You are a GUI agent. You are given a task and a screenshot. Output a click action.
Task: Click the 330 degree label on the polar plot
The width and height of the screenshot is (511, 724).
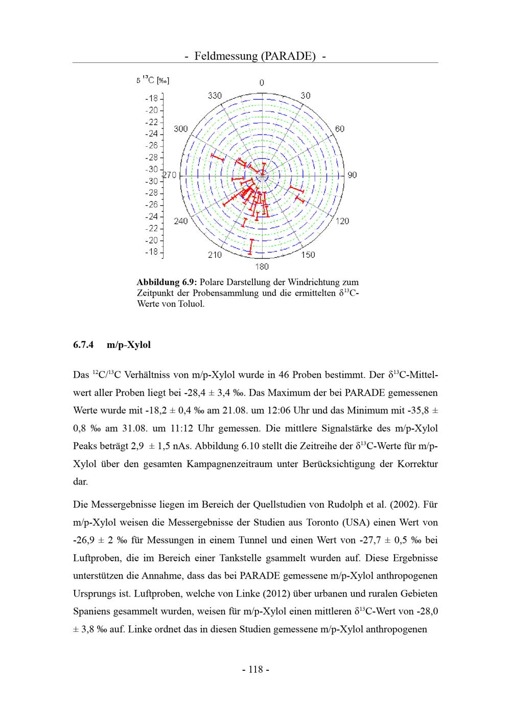pyautogui.click(x=215, y=96)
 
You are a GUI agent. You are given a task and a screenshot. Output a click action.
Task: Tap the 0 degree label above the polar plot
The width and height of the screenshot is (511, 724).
pyautogui.click(x=262, y=83)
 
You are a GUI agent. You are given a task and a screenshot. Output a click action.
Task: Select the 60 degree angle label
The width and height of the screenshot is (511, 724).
pyautogui.click(x=340, y=128)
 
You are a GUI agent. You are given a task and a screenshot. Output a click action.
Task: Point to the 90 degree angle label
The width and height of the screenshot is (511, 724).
pyautogui.click(x=352, y=175)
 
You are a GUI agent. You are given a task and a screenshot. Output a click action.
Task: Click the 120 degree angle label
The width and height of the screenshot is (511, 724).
pyautogui.click(x=342, y=221)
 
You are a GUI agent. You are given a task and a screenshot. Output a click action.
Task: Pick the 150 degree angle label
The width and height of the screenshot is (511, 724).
pyautogui.click(x=308, y=255)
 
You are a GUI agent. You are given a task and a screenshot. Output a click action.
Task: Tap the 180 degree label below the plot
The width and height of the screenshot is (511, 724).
pyautogui.click(x=262, y=267)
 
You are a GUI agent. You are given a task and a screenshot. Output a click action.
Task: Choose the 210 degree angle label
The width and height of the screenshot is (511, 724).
pyautogui.click(x=215, y=255)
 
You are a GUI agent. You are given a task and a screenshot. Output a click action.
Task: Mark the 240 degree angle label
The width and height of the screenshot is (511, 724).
pyautogui.click(x=181, y=221)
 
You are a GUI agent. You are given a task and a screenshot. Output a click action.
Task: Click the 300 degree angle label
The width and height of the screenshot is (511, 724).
pyautogui.click(x=181, y=128)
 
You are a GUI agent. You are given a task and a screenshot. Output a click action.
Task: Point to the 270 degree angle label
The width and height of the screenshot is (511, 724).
pyautogui.click(x=170, y=175)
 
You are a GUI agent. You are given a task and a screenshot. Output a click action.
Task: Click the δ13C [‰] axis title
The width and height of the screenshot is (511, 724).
pyautogui.click(x=153, y=80)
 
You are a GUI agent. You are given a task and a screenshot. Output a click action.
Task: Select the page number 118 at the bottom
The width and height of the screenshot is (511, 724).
pyautogui.click(x=255, y=669)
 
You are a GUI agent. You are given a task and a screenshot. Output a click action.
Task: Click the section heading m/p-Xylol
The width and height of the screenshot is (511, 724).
pyautogui.click(x=129, y=345)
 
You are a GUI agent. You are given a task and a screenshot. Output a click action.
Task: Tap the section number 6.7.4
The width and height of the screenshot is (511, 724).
pyautogui.click(x=84, y=345)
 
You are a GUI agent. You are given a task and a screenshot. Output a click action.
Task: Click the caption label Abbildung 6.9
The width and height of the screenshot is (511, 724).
pyautogui.click(x=167, y=282)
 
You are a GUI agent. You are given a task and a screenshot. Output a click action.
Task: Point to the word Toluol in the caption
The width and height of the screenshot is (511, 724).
pyautogui.click(x=190, y=304)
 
